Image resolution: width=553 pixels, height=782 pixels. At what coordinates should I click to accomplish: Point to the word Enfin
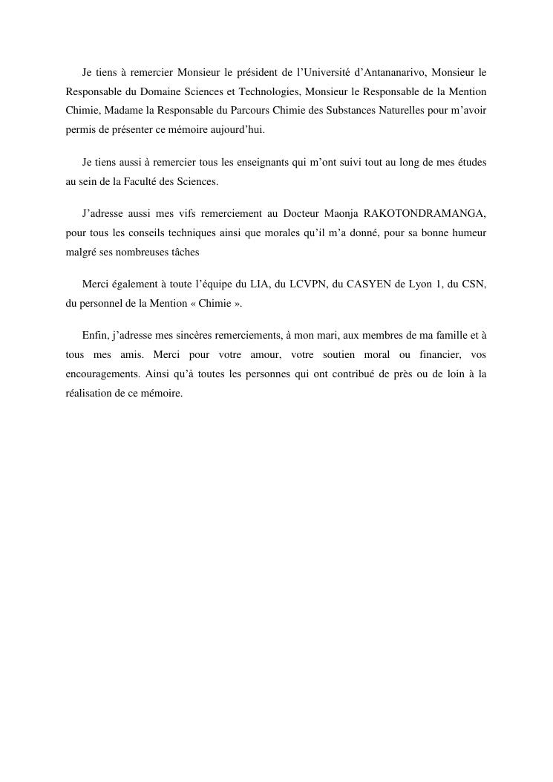[x=95, y=336]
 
